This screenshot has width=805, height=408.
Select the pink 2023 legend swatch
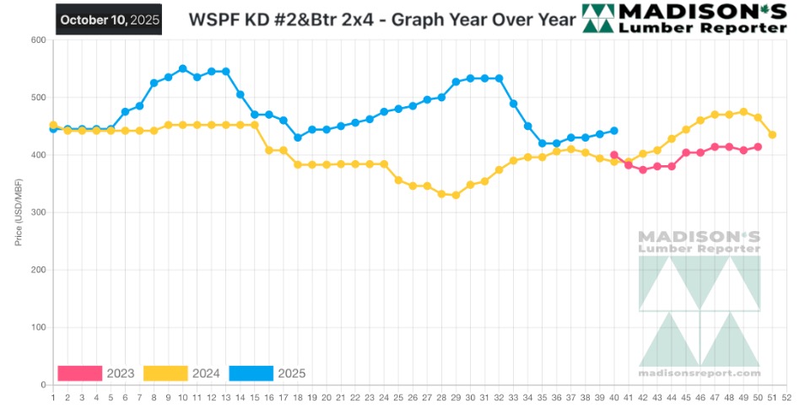click(79, 373)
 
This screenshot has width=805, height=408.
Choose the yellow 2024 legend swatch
click(165, 373)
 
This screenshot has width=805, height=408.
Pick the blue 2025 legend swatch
click(251, 373)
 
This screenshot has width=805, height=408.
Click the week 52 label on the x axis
click(786, 396)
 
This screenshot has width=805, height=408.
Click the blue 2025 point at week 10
click(182, 68)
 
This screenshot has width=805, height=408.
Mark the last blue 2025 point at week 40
click(614, 131)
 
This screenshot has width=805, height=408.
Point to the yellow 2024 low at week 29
click(456, 195)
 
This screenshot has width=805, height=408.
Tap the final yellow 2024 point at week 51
click(772, 135)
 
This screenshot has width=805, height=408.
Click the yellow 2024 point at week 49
click(743, 111)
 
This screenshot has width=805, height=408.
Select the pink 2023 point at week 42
click(643, 169)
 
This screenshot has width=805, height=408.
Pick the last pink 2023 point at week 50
click(758, 147)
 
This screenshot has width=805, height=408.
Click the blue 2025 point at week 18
click(298, 137)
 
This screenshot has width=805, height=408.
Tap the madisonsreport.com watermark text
click(700, 373)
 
